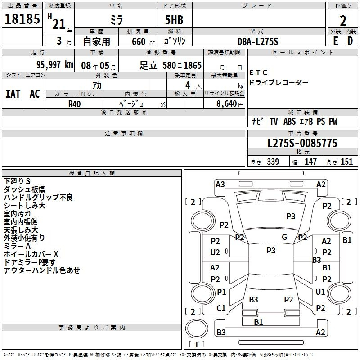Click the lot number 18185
22,19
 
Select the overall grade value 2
343,21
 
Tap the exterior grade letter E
336,41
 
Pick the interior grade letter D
350,41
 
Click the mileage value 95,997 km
55,65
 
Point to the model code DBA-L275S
258,41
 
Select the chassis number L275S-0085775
302,143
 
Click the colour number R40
75,104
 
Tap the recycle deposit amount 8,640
227,104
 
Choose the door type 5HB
174,20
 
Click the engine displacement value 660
139,41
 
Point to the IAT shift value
13,94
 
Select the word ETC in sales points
258,73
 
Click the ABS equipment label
289,121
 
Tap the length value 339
273,162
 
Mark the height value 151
346,162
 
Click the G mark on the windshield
284,237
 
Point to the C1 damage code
221,308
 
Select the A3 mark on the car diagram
220,184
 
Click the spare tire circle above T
197,328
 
